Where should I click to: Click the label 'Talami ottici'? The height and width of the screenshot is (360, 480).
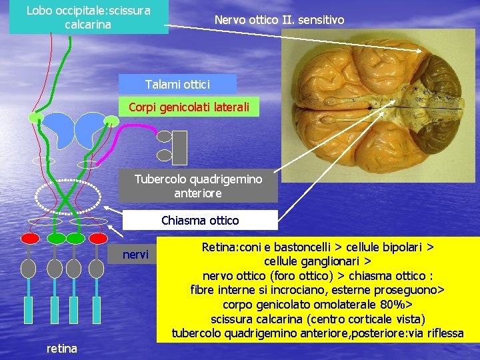tap(177, 84)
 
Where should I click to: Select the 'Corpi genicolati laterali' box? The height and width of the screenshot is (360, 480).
tap(189, 107)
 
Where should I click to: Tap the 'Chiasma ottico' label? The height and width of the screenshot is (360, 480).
tap(200, 220)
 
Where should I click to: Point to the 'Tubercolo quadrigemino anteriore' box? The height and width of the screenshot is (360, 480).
tap(198, 186)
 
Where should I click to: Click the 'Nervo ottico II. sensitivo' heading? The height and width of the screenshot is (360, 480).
tap(279, 20)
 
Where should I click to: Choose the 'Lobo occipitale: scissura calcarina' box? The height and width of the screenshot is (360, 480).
tap(88, 17)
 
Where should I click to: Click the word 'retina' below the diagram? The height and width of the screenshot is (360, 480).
tap(61, 348)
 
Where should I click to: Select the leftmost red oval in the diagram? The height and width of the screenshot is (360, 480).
tap(30, 238)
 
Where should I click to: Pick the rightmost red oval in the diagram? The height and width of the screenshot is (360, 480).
tap(99, 238)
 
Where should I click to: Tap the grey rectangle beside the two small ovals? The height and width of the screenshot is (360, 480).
tap(180, 147)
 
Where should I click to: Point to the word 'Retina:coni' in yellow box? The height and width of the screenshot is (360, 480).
tap(231, 247)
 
